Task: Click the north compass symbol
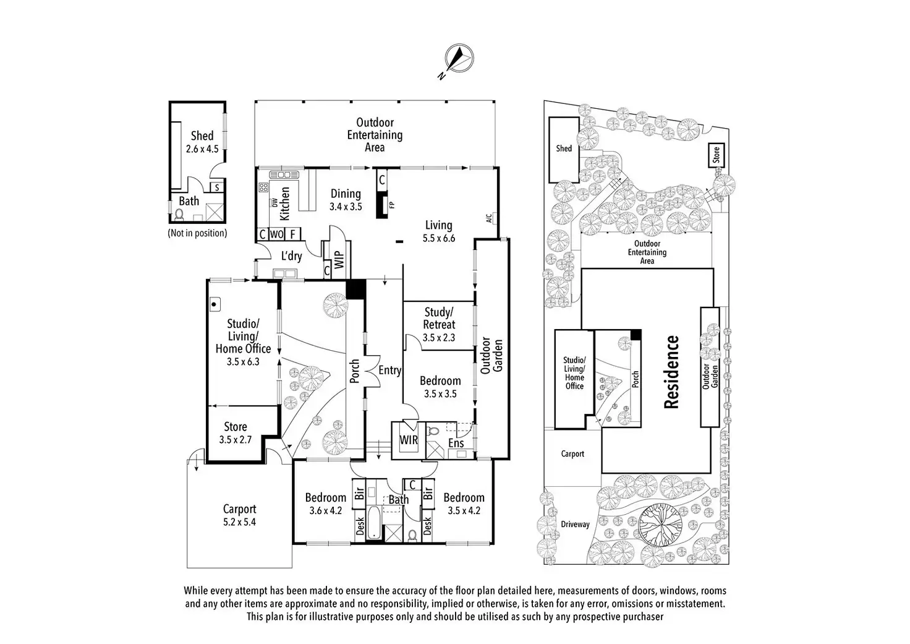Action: point(459,59)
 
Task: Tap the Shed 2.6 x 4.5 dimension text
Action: point(202,149)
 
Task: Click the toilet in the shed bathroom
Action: point(179,215)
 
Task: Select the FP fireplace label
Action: point(392,205)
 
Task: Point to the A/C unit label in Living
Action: point(489,218)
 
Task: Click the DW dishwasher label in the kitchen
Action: point(274,203)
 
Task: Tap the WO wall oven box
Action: point(276,234)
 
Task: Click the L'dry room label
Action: point(292,255)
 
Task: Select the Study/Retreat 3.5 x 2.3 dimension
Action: point(439,337)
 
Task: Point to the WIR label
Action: point(408,439)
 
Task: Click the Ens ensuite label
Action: point(456,443)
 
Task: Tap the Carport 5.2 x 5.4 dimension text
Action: point(239,522)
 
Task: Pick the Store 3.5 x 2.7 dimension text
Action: point(235,439)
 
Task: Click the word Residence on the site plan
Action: point(671,372)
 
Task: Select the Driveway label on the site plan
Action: point(575,525)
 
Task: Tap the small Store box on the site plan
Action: point(717,155)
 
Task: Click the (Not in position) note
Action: point(197,233)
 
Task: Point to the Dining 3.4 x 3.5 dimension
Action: point(346,207)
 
